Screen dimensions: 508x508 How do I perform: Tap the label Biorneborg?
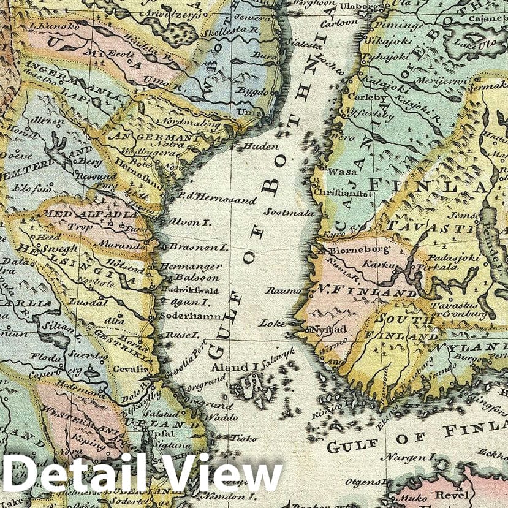[x=351, y=250]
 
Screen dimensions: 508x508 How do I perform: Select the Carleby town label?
[x=363, y=97]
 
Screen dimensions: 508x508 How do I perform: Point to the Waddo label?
[x=221, y=417]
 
